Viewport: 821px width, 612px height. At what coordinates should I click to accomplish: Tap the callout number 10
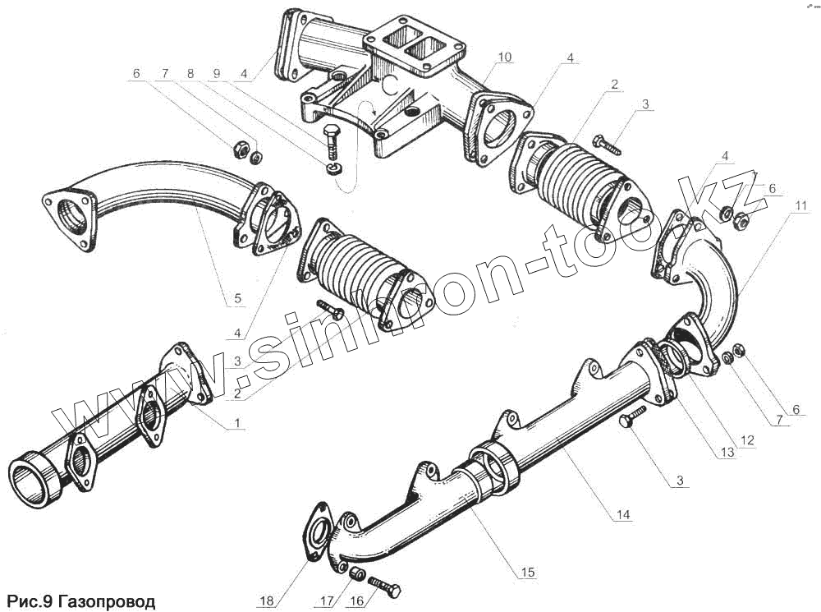point(504,57)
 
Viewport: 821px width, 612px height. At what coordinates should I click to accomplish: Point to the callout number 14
point(623,515)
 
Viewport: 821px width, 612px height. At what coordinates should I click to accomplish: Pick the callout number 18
point(266,601)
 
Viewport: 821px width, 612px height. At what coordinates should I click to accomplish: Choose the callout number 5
point(237,299)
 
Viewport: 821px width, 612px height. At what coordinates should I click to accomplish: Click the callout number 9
point(218,73)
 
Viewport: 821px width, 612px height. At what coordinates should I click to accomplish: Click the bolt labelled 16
point(385,587)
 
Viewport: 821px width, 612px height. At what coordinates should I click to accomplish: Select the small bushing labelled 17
point(357,573)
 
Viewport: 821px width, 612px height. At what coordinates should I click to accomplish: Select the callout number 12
point(747,439)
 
